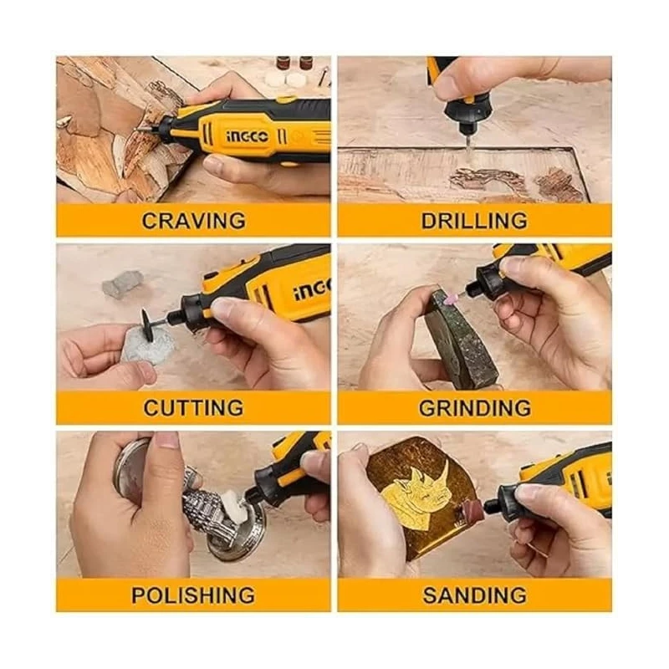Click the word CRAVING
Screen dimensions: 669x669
[x=193, y=221]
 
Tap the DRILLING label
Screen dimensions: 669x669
[x=474, y=221]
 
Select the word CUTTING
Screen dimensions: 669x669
[x=193, y=408]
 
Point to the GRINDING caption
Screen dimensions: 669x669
[x=474, y=408]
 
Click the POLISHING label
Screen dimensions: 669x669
[x=193, y=595]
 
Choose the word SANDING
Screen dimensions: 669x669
[x=474, y=595]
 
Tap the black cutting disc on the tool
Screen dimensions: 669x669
[x=148, y=324]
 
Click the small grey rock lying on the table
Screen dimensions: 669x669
[x=122, y=283]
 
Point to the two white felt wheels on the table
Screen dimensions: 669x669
[x=285, y=79]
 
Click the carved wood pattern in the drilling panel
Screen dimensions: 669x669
[x=490, y=179]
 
